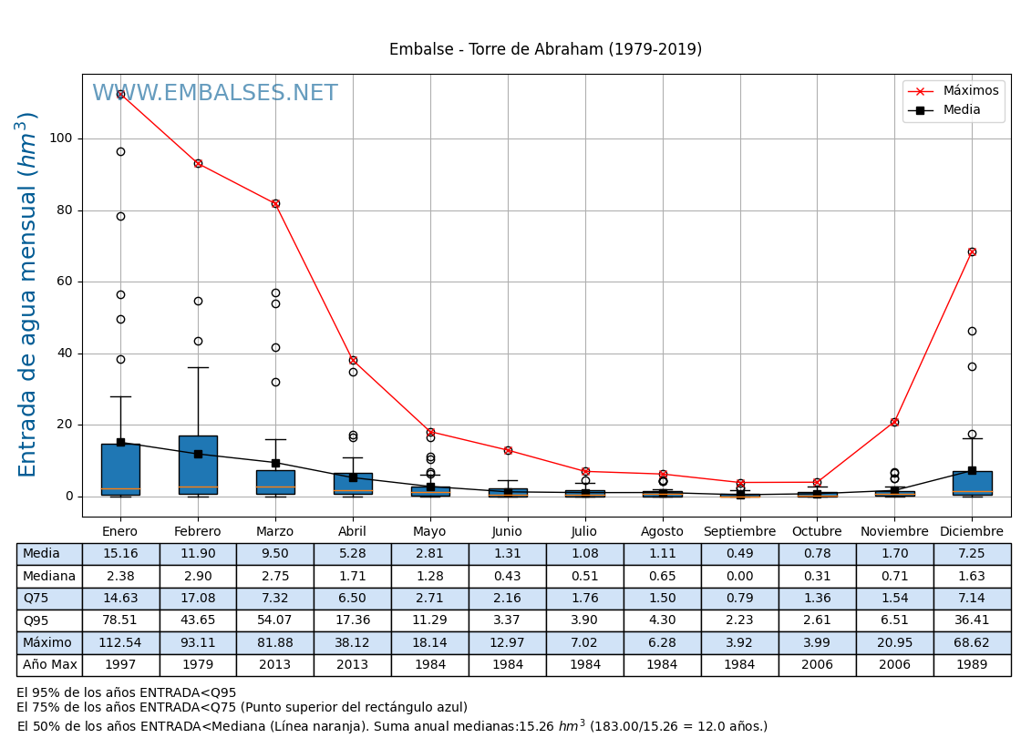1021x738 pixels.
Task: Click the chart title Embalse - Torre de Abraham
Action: coord(545,50)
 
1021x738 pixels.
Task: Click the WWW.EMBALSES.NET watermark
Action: coord(215,94)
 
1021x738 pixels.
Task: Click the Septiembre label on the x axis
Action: coord(739,531)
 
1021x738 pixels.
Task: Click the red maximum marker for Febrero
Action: coord(198,164)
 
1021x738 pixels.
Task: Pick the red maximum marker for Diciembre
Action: coord(972,251)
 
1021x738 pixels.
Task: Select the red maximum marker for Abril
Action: coord(353,360)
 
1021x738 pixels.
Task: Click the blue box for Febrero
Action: coord(198,465)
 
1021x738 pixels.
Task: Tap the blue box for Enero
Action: coord(120,469)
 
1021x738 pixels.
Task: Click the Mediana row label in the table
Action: coord(49,576)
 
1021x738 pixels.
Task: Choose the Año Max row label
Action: coord(49,665)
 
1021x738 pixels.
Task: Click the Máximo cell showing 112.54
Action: coord(120,643)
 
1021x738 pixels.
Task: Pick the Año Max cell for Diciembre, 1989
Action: coord(972,665)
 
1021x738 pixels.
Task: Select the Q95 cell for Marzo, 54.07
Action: coord(275,620)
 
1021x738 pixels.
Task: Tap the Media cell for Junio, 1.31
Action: coord(507,554)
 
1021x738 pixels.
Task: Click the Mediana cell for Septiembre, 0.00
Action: coord(739,576)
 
